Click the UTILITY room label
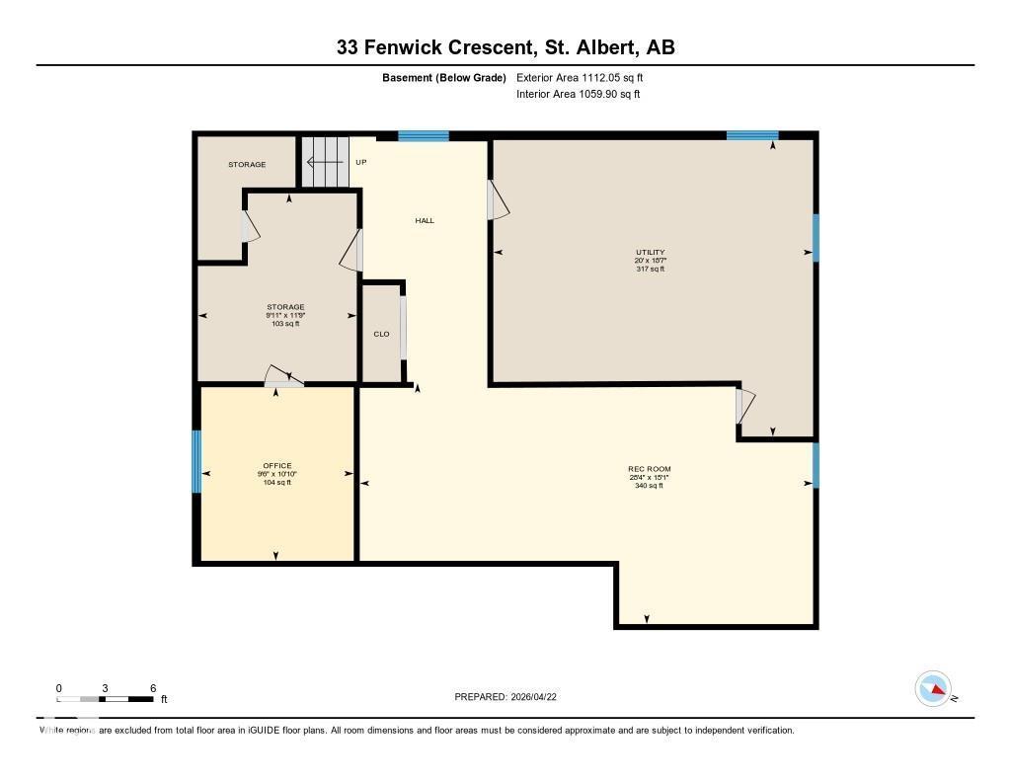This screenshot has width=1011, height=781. tap(650, 253)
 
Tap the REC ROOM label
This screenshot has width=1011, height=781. tap(650, 469)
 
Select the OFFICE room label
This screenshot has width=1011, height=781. tap(276, 466)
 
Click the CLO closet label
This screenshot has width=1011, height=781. tap(381, 334)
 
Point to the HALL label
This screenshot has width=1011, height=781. tap(425, 220)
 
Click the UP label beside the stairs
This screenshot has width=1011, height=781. tap(361, 162)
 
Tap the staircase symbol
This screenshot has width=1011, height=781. tap(326, 162)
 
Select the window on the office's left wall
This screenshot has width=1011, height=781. tap(196, 461)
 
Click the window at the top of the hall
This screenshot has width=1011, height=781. tap(424, 136)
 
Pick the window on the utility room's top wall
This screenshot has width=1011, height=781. tap(752, 135)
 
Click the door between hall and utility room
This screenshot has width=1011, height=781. tap(498, 200)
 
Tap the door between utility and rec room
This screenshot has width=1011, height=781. tap(745, 407)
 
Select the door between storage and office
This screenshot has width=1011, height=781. tap(284, 377)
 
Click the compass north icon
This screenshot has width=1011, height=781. tap(933, 689)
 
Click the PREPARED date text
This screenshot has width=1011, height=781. tap(511, 697)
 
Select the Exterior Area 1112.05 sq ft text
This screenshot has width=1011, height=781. tap(581, 77)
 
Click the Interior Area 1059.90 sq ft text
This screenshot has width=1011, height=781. tap(579, 95)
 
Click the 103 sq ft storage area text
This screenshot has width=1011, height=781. tap(285, 324)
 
